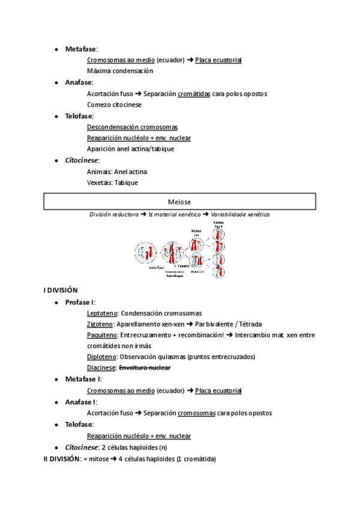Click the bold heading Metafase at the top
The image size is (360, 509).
coord(80,49)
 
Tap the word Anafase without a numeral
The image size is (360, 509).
coord(79,82)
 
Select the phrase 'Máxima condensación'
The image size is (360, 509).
coord(120,71)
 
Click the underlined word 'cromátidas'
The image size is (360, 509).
coord(193,94)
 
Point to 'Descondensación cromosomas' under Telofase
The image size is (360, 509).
coord(132,127)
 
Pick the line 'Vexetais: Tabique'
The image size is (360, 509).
coord(112,183)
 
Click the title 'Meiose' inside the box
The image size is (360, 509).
coord(179,202)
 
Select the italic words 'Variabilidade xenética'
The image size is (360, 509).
coord(240,214)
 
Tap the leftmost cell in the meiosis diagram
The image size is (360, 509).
coord(145,253)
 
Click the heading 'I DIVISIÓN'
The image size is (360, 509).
coord(61,291)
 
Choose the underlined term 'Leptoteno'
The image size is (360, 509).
coord(102,313)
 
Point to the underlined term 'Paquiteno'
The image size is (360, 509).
coord(102,335)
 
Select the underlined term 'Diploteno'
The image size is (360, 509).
coord(101,357)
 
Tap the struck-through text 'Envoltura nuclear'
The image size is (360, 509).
coord(145,367)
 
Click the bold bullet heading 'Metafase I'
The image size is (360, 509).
coord(83,379)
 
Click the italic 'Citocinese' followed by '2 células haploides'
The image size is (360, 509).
coord(81,447)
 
